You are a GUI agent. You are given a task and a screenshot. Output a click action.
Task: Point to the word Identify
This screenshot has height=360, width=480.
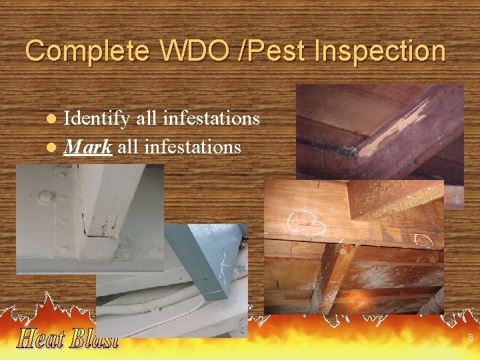tap(97, 119)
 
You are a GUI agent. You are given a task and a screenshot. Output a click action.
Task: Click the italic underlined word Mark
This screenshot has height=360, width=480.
tap(87, 146)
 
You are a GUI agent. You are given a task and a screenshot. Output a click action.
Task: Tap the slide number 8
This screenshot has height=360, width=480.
tap(470, 338)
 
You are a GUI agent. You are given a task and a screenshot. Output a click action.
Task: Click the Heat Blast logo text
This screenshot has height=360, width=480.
tap(67, 338)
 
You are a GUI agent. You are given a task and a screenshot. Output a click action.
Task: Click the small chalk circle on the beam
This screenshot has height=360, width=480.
tap(423, 239)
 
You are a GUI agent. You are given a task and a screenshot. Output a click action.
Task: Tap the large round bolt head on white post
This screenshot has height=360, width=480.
tap(46, 197)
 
